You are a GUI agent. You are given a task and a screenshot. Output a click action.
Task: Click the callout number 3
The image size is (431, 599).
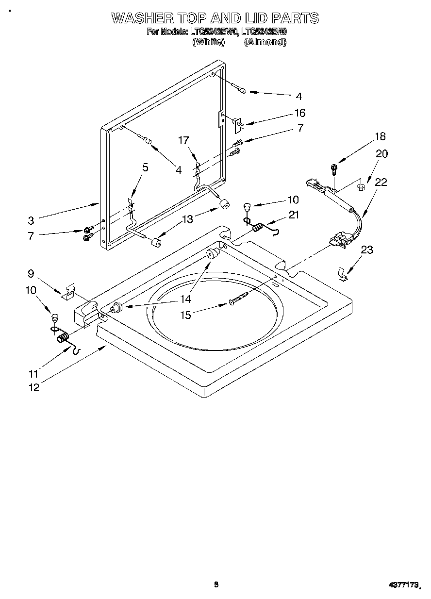[x=31, y=220]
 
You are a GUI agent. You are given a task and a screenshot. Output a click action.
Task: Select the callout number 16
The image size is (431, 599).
[x=300, y=113]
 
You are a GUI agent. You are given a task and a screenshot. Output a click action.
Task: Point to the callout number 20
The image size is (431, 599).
[x=382, y=153]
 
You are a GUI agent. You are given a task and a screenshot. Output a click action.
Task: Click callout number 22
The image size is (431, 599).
[x=381, y=182]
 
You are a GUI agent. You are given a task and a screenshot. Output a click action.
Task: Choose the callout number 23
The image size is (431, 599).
[x=367, y=250]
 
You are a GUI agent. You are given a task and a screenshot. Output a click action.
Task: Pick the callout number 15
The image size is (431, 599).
[x=185, y=315]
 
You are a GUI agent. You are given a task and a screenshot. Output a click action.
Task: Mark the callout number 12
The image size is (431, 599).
[x=33, y=387]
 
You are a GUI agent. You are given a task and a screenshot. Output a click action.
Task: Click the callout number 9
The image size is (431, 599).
[x=31, y=273]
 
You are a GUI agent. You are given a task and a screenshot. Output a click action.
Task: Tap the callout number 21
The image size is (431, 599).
[x=294, y=215]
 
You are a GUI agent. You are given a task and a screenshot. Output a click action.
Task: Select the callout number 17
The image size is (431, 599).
[x=183, y=140]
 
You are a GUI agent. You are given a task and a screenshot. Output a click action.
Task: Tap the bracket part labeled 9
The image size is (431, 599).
[x=68, y=291]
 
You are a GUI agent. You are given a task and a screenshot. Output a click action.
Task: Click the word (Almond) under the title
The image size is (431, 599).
[x=265, y=42]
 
